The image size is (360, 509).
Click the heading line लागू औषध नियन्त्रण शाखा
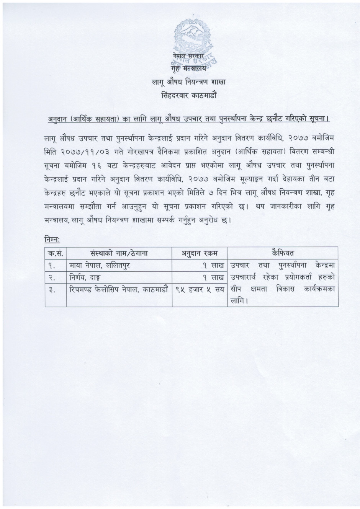[x=189, y=82]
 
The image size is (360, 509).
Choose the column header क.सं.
[x=56, y=253]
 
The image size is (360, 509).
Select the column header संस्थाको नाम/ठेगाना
[x=119, y=253]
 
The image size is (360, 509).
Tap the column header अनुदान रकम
[x=199, y=253]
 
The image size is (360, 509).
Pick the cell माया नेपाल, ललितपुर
[x=100, y=265]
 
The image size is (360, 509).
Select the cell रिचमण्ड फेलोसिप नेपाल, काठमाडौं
[x=119, y=289]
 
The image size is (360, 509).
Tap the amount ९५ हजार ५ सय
[x=200, y=290]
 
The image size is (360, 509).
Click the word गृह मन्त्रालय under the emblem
[x=188, y=69]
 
